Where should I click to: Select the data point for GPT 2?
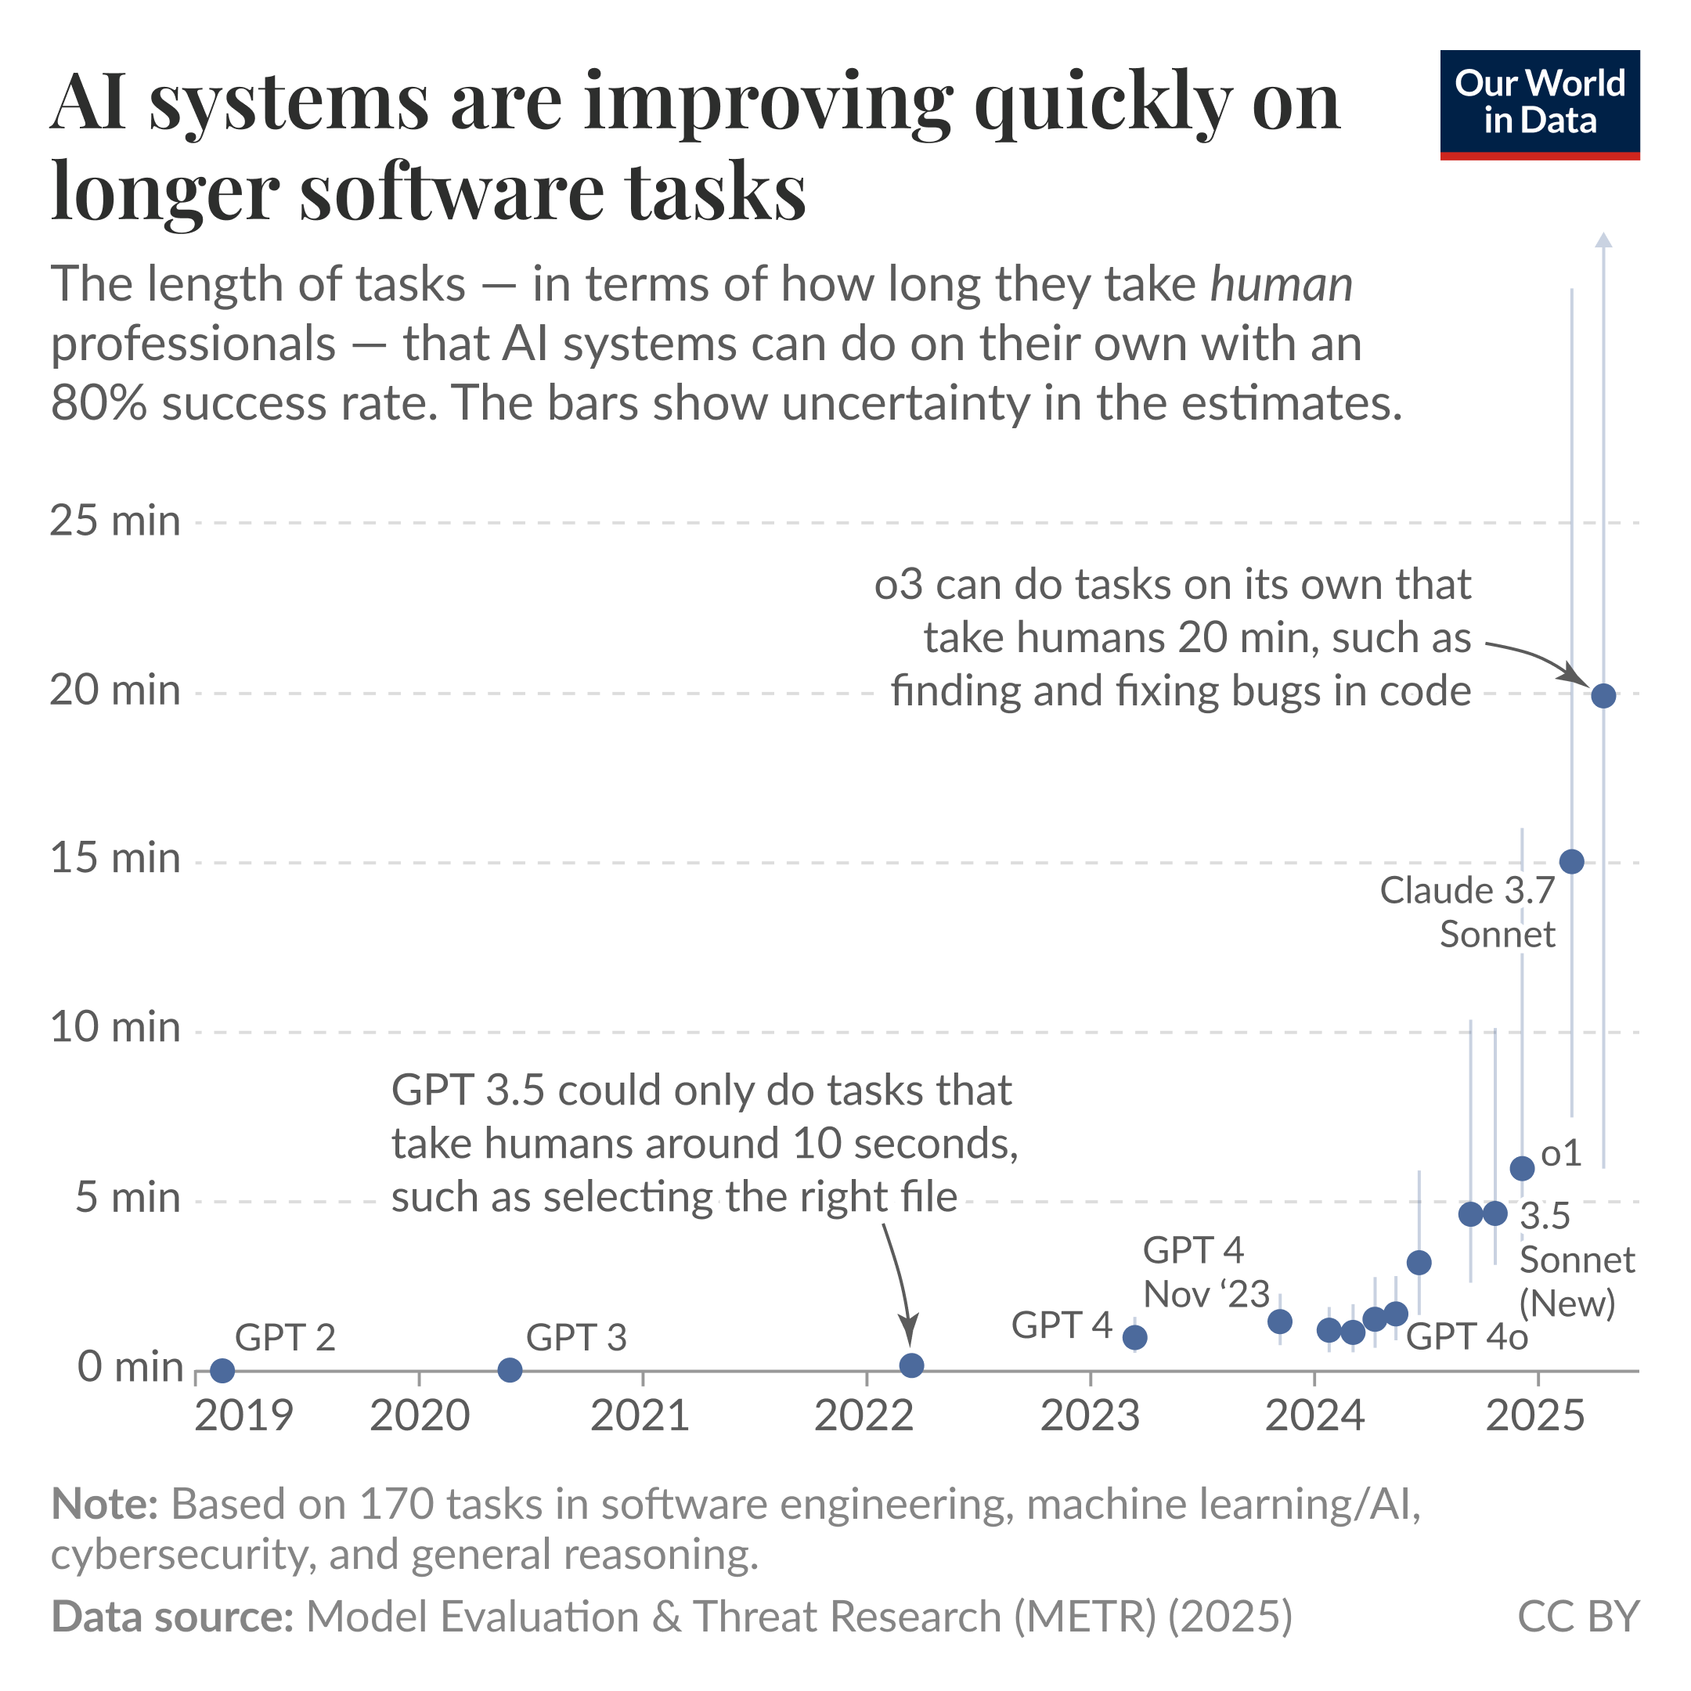222,1370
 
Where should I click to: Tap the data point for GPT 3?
510,1370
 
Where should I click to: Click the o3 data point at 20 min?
1603,696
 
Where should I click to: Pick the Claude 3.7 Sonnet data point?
1571,861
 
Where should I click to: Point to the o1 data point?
1522,1167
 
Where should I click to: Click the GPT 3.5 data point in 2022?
911,1365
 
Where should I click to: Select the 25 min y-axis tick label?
114,521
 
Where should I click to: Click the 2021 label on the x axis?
640,1416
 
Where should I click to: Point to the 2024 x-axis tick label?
1314,1416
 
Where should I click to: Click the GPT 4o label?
1467,1336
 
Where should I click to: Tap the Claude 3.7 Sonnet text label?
1468,912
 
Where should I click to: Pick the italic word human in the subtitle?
1281,284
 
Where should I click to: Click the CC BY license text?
1577,1617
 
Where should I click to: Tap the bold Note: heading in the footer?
104,1505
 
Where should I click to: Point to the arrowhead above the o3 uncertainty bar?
1603,240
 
